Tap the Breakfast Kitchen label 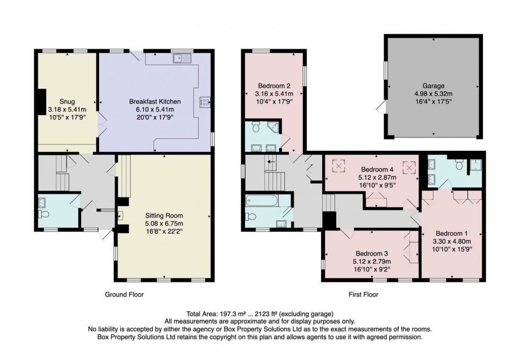coord(155,101)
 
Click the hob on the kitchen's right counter coord(205,102)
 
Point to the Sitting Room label coord(164,216)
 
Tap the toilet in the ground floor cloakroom coord(44,214)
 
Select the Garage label coord(433,85)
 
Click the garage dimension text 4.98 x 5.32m coord(433,93)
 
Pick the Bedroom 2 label coord(274,86)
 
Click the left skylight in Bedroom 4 coord(337,166)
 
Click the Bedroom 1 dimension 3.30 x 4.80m coord(452,240)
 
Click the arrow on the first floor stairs coord(271,161)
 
